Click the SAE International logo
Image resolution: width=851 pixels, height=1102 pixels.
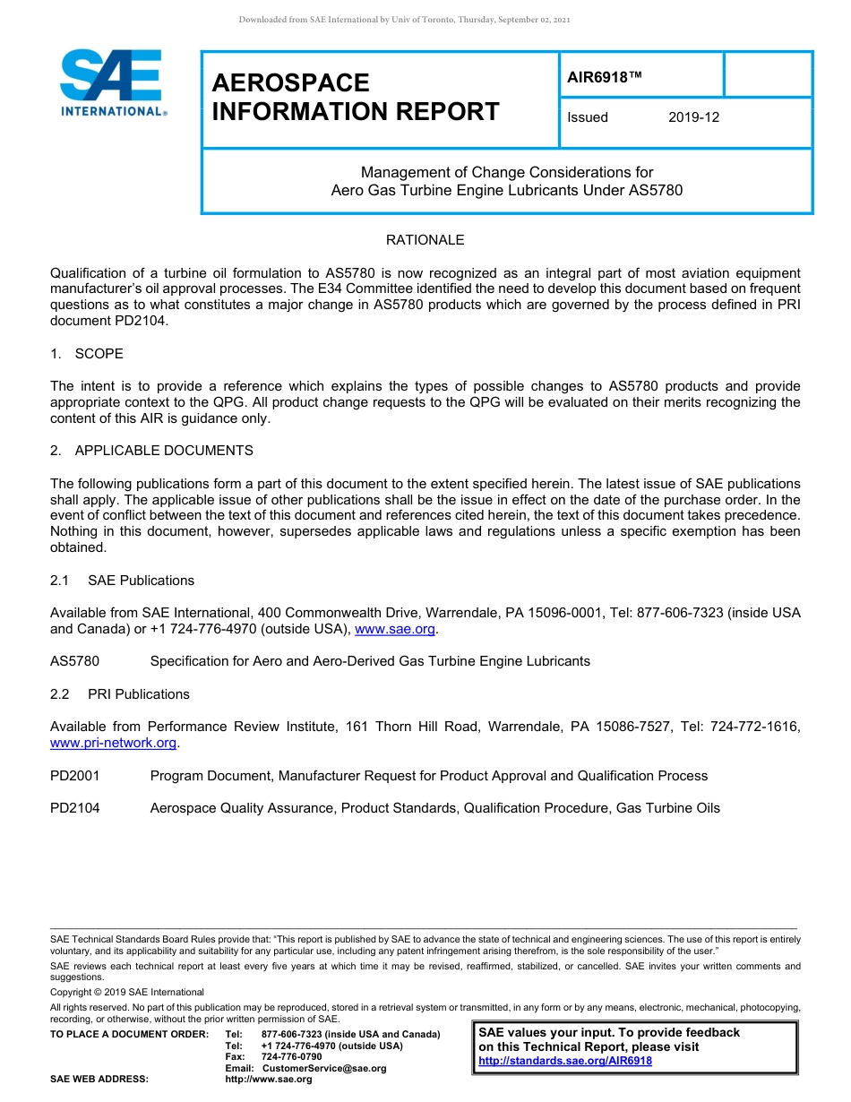pos(111,82)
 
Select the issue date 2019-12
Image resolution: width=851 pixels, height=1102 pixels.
pos(693,117)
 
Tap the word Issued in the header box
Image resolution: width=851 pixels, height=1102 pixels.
pos(588,117)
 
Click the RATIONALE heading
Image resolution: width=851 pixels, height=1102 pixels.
pos(425,240)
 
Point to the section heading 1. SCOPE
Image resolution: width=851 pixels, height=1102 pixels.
pos(87,354)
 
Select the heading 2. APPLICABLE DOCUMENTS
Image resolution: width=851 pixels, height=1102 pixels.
pos(151,451)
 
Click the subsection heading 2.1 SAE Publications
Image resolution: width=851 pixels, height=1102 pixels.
pos(122,581)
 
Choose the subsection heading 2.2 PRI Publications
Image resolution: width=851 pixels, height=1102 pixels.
pos(120,694)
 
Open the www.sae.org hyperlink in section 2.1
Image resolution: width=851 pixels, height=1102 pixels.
pos(395,630)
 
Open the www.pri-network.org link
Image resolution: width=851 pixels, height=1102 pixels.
pos(114,744)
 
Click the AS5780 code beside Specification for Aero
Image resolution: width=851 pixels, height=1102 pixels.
pos(75,661)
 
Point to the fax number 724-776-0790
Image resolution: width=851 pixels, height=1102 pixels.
pos(291,1057)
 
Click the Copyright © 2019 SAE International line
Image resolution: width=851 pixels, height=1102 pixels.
pos(127,992)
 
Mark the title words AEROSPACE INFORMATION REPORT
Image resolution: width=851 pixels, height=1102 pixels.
pos(356,97)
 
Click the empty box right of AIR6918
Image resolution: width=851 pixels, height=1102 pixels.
pos(767,74)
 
